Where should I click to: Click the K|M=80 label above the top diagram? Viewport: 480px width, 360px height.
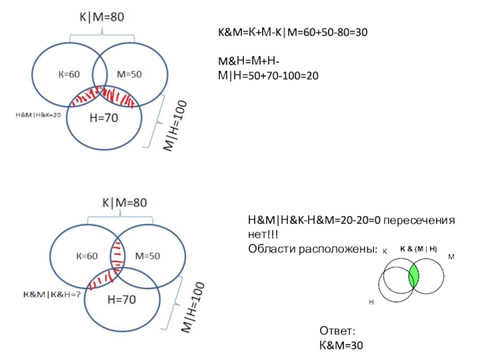(x=99, y=18)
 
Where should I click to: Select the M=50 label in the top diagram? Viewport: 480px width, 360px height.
(x=129, y=74)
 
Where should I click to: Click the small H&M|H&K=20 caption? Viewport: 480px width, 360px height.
(x=38, y=114)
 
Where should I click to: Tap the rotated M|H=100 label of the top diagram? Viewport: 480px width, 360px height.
(x=175, y=128)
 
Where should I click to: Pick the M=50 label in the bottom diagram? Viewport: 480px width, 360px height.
(x=148, y=256)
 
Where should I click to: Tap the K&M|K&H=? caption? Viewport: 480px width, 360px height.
(x=52, y=295)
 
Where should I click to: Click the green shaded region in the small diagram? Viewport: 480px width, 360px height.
(x=413, y=277)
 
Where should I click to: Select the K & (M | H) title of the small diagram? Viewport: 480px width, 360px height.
(x=418, y=248)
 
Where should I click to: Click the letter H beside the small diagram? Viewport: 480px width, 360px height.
(x=371, y=304)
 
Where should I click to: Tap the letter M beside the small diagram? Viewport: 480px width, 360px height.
(x=451, y=256)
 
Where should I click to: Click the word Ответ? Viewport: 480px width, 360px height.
(x=340, y=331)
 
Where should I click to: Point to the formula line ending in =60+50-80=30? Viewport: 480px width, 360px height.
(x=292, y=32)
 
